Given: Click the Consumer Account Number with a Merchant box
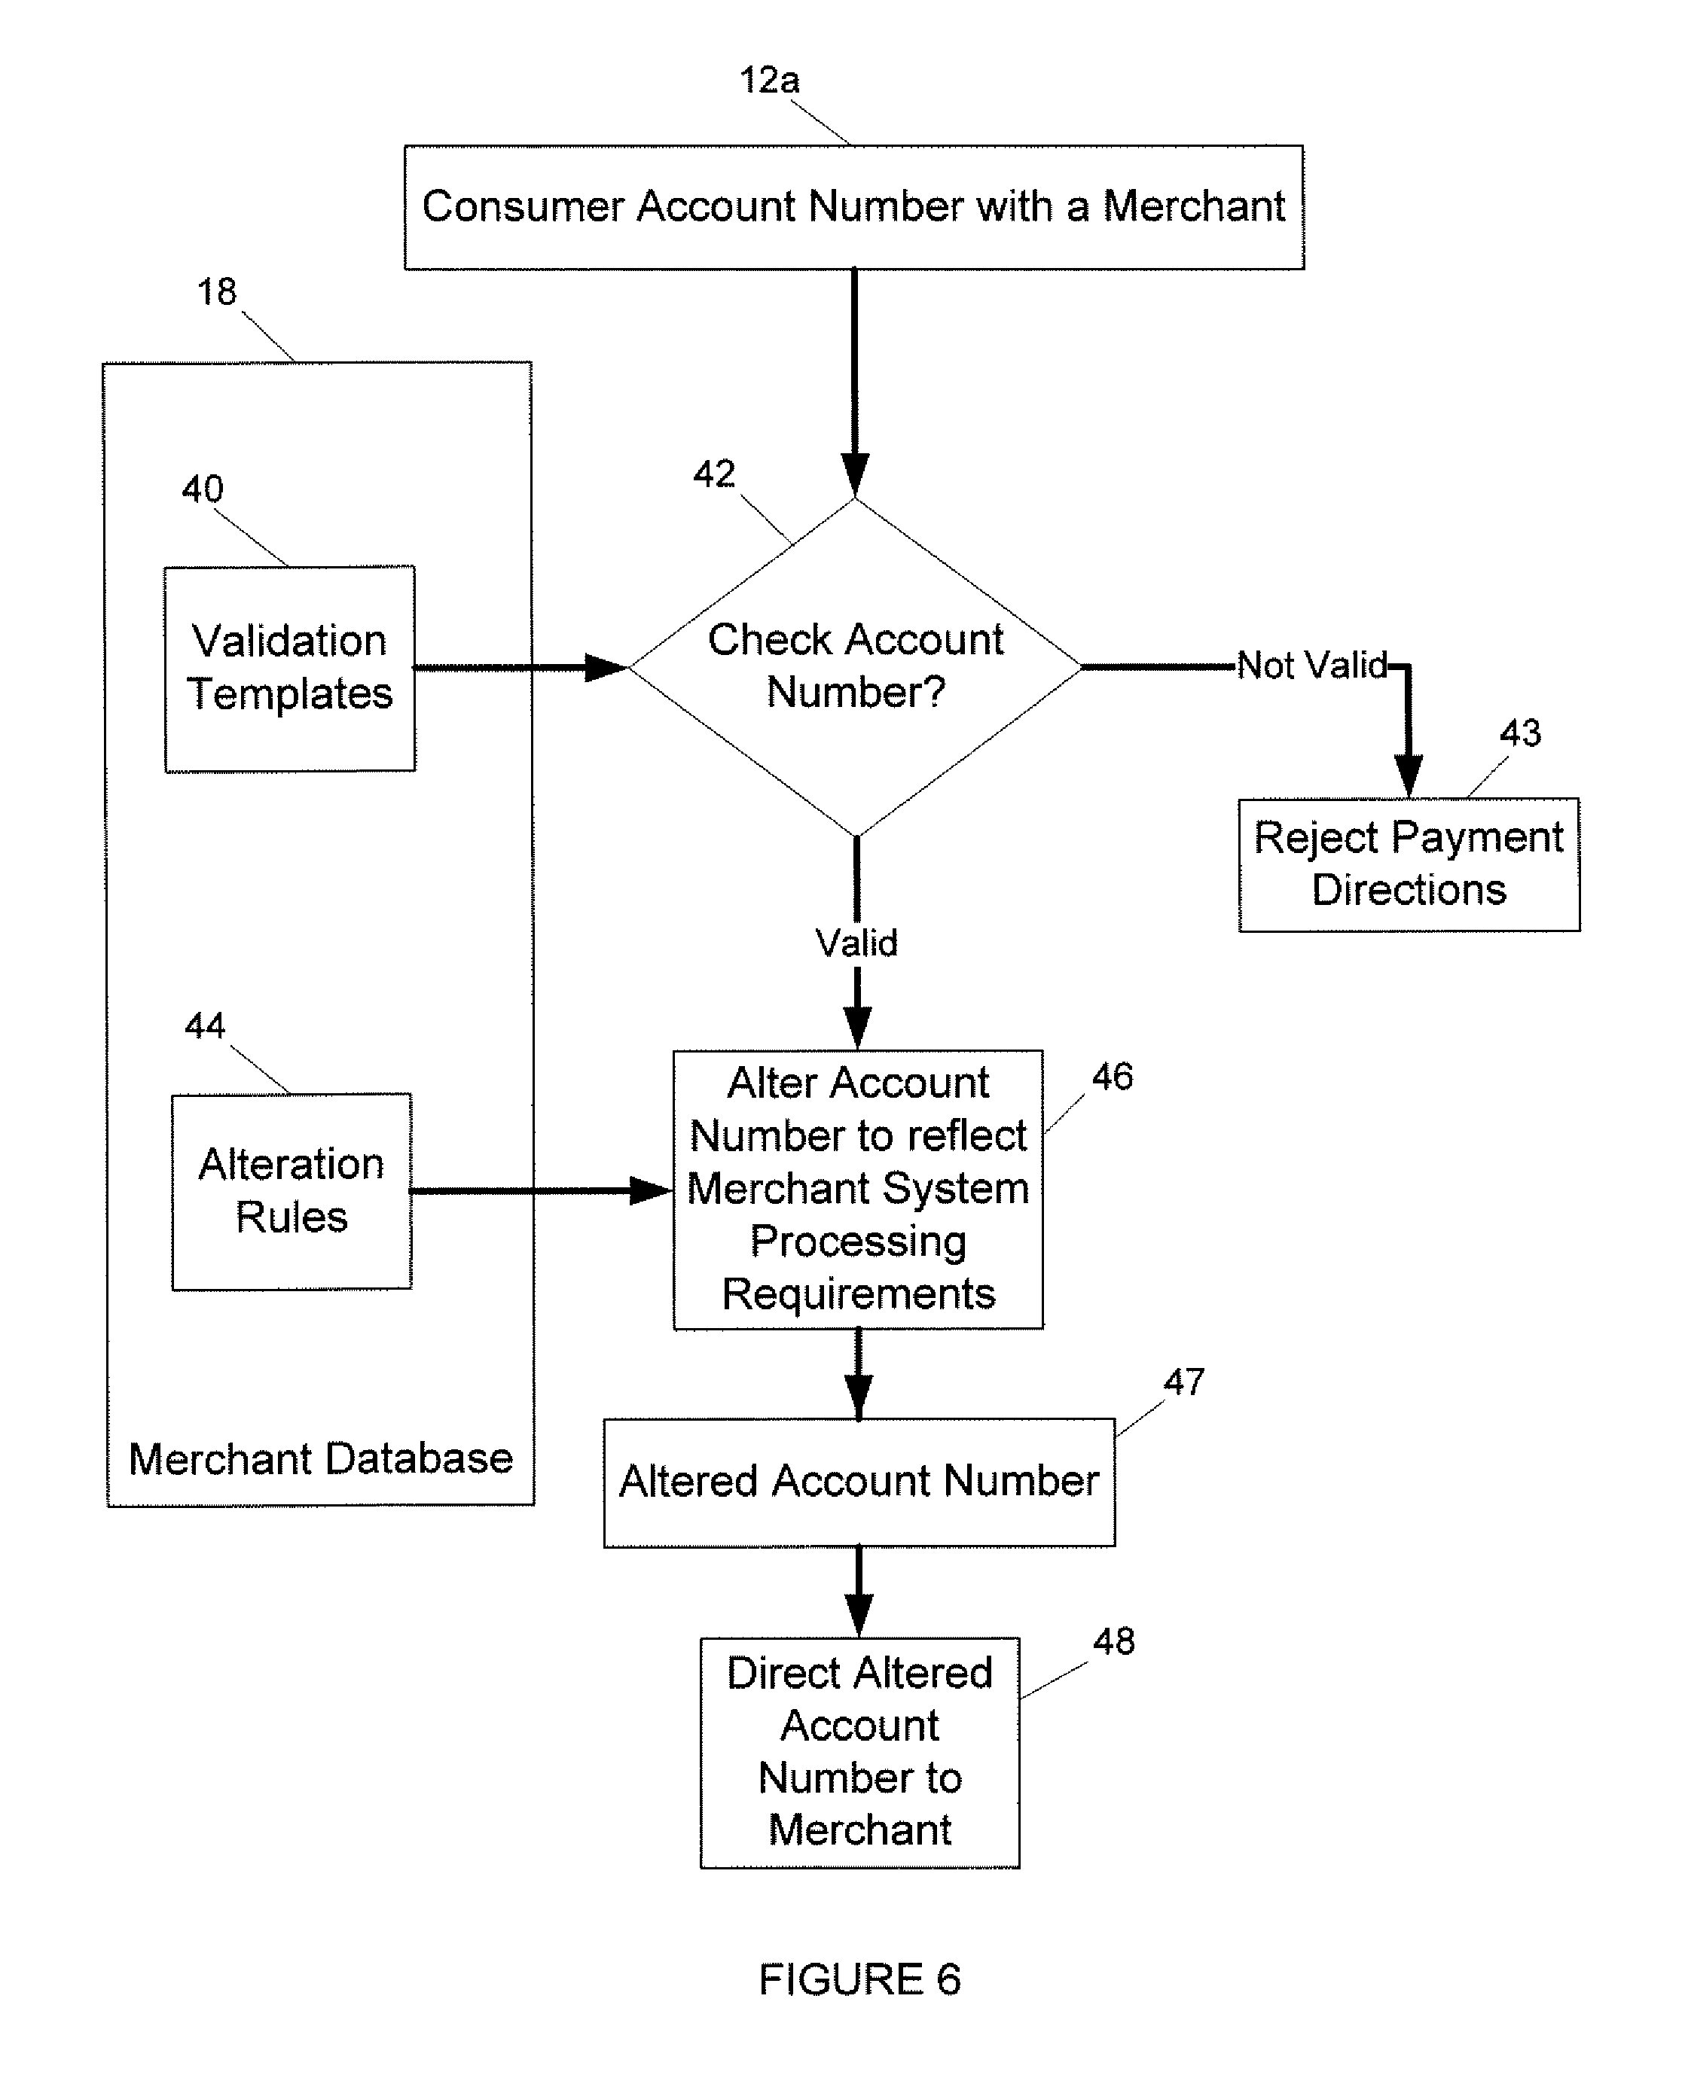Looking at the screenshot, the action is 854,206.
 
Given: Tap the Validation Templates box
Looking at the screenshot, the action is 290,669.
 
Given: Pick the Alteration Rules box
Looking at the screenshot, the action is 292,1192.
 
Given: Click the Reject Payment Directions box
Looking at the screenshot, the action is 1409,864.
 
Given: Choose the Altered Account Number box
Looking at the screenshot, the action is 859,1482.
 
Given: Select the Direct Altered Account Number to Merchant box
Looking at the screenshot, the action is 860,1752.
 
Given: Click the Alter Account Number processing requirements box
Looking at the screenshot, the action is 858,1190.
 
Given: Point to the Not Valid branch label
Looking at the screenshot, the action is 1312,666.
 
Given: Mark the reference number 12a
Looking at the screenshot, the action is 770,80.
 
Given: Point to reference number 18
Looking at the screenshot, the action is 216,291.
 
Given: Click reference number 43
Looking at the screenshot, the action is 1520,733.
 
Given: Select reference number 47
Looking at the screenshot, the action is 1184,1382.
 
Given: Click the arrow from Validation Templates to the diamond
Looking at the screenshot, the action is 521,668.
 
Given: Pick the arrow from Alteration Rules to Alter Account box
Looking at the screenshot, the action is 542,1190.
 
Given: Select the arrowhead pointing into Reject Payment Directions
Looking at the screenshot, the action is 1409,776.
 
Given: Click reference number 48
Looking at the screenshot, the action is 1113,1641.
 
